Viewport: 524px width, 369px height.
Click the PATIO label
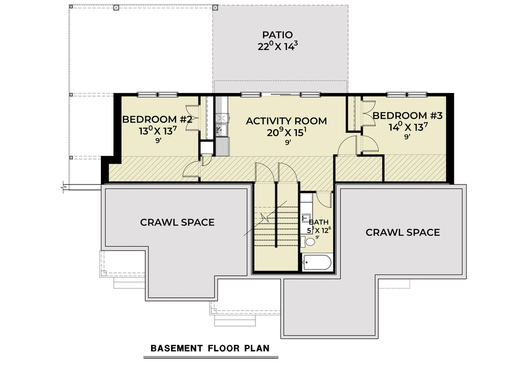tap(277, 35)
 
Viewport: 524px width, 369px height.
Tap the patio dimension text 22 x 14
tap(277, 46)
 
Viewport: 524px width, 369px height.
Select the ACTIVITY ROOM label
tap(286, 121)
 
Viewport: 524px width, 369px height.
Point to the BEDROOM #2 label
tap(157, 120)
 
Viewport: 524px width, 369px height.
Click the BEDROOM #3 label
tap(407, 116)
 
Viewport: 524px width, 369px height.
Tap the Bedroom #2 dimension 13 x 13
tap(157, 131)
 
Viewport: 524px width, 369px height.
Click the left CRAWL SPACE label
tap(177, 222)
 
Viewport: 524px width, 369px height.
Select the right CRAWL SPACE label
tap(402, 233)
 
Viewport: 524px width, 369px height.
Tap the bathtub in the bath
tap(317, 263)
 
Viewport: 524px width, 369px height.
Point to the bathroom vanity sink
tap(305, 219)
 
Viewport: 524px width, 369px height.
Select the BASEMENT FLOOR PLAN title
tap(210, 349)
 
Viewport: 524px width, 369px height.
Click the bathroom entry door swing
tap(323, 199)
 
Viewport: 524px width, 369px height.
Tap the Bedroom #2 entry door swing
tap(192, 169)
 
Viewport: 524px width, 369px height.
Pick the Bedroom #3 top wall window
tap(407, 94)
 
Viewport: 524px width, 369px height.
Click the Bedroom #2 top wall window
tap(158, 94)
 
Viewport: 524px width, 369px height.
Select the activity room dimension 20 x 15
tap(286, 132)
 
